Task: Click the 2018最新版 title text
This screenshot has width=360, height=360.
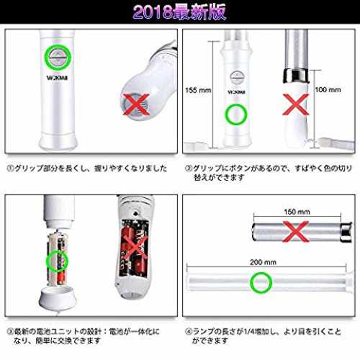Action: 179,12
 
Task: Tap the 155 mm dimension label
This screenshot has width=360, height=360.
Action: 198,90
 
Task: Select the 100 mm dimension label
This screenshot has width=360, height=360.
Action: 328,90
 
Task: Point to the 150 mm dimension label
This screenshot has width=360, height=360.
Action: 297,212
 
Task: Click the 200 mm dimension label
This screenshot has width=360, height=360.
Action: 263,262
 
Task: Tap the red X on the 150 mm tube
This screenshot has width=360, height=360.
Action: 296,231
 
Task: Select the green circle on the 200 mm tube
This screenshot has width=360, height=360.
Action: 261,282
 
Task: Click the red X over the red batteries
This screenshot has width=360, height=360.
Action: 135,249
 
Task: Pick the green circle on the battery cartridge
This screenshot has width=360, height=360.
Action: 57,261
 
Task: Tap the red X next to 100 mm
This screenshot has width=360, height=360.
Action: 296,104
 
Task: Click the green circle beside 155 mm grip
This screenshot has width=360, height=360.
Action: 235,114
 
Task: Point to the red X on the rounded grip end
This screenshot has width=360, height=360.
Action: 136,104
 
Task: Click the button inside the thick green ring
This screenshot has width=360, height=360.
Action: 58,58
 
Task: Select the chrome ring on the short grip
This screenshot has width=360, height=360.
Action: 296,76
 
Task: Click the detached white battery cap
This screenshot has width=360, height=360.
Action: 58,299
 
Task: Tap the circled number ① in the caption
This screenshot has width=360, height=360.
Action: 10,168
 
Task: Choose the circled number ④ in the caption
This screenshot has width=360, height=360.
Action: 189,332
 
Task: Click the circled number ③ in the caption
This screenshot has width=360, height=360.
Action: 10,332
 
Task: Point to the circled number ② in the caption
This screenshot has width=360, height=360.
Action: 189,168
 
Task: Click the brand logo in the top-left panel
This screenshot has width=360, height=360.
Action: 57,78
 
